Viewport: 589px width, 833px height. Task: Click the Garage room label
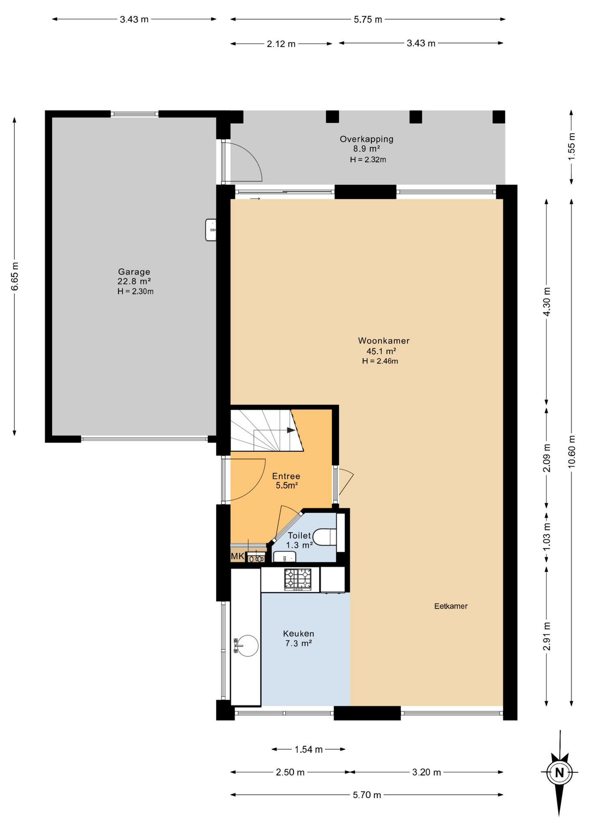pos(134,272)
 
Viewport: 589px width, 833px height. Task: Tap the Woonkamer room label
pos(383,341)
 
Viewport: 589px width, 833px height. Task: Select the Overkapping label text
pos(366,139)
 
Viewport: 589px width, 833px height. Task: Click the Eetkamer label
pos(451,606)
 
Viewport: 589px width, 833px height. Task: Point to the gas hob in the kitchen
pos(298,579)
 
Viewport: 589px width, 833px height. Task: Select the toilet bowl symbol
pos(324,537)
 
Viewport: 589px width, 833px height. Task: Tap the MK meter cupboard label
pos(237,556)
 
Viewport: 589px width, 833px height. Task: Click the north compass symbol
pos(559,772)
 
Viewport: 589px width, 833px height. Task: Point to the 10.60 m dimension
pos(572,451)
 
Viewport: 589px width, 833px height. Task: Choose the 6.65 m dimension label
pos(15,276)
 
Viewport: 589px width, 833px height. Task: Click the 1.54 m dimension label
pos(308,749)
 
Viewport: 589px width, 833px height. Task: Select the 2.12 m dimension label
pos(281,44)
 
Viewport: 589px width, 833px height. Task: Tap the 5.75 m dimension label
pos(368,20)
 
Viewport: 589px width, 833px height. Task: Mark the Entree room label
pos(286,476)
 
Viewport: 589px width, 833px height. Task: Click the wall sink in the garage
pos(211,230)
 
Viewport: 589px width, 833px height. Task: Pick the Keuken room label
pos(298,633)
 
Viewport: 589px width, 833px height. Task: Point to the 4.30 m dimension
pos(546,302)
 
